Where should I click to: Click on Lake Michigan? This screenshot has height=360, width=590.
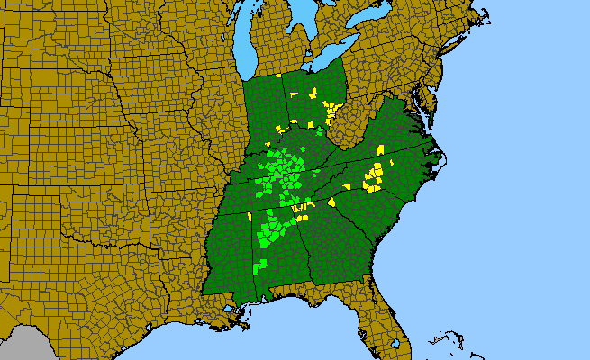pos(244,45)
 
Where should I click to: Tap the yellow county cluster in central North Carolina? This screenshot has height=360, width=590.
pos(374,175)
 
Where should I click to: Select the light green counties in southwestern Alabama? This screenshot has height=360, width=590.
pos(261,265)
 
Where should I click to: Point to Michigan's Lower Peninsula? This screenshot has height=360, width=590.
pos(288,36)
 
